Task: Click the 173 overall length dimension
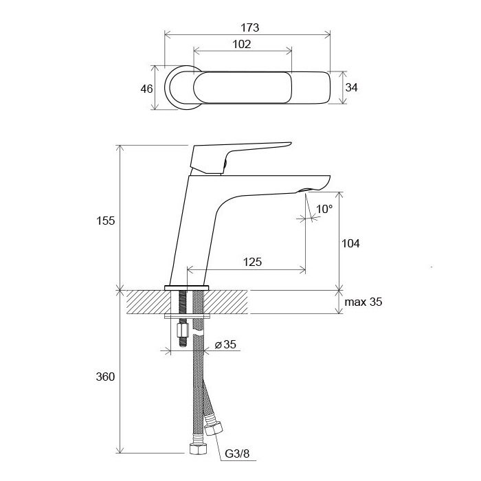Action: tap(249, 27)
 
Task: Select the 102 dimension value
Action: tap(242, 45)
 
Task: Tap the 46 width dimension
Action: tap(146, 89)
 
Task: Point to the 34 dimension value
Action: tap(352, 87)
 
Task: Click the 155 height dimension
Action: tap(106, 221)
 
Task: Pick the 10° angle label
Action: tap(324, 209)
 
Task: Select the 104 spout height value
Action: tap(350, 243)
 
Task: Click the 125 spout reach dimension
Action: tap(252, 262)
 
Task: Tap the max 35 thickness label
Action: tap(363, 302)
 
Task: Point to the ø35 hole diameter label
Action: tap(225, 344)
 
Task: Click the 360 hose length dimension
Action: tap(105, 377)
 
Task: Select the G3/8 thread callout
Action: tap(237, 454)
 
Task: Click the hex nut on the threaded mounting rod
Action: tap(183, 331)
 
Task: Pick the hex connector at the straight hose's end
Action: tap(198, 449)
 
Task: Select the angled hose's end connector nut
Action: tap(213, 429)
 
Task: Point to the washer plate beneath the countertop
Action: tap(187, 316)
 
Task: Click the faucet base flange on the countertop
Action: tap(186, 288)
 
